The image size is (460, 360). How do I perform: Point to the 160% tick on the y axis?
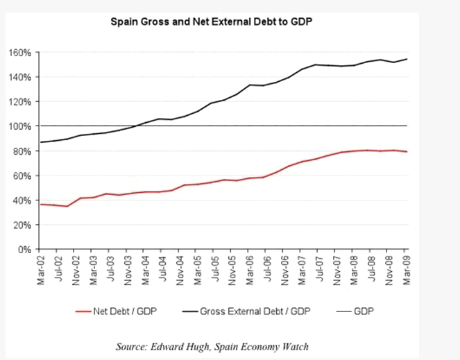pos(21,52)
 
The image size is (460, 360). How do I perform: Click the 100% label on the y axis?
pos(21,126)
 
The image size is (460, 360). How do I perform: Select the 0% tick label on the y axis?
pos(26,249)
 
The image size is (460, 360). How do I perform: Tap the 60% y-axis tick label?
pos(23,175)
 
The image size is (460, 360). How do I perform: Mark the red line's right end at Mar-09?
pos(407,152)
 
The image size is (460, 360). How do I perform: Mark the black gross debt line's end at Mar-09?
pos(407,59)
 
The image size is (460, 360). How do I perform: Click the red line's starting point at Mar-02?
pos(40,204)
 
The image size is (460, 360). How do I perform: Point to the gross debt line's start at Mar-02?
pos(40,142)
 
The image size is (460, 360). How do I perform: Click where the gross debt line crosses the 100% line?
pos(137,126)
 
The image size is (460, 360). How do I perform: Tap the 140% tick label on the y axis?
pos(21,77)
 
